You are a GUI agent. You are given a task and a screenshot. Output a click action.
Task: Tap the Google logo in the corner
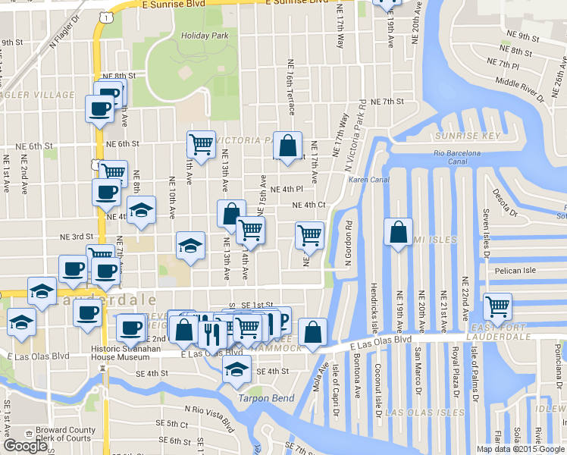coord(25,446)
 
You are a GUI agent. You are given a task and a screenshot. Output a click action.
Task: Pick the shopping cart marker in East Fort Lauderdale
coord(497,306)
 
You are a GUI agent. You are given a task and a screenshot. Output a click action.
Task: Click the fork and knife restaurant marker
coord(210,331)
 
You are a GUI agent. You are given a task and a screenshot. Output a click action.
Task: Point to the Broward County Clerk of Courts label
coord(66,435)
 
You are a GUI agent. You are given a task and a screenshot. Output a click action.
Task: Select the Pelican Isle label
coord(515,270)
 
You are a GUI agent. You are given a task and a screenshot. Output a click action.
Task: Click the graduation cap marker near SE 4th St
coord(237,369)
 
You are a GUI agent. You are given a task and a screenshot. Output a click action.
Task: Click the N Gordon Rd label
coord(349,243)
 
